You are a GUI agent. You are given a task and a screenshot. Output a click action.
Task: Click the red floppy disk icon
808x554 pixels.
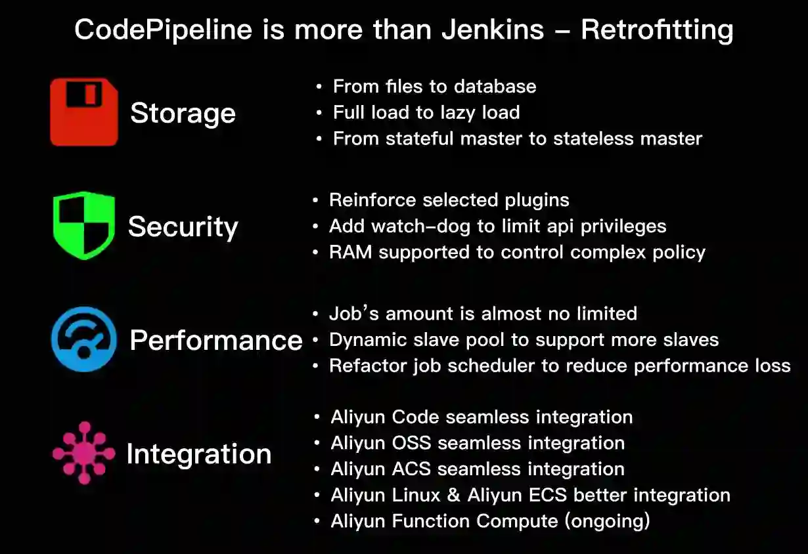tap(84, 112)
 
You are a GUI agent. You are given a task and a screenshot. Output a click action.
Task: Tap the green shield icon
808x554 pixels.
tap(83, 225)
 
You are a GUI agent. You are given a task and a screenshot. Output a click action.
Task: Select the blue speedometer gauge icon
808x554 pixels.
tap(84, 339)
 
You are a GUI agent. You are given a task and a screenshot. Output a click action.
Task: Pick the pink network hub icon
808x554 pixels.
tap(83, 453)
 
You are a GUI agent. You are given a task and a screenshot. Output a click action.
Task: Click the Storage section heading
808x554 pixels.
tap(183, 113)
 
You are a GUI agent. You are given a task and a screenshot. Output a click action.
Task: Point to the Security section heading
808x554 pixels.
tap(183, 227)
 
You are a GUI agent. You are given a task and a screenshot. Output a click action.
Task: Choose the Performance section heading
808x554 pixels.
tap(216, 340)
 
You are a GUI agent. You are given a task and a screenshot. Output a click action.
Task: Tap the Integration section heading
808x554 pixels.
tap(198, 454)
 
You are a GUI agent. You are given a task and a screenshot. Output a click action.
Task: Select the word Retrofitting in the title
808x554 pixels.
tap(656, 30)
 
